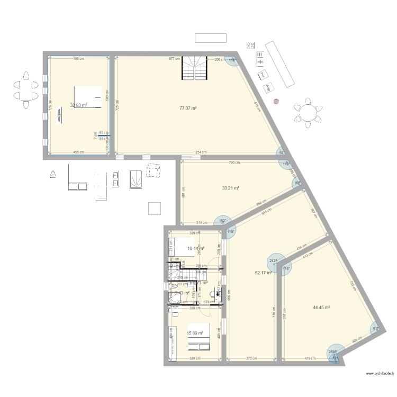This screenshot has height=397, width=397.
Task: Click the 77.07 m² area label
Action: (x=188, y=108)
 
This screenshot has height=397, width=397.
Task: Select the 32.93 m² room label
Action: (x=78, y=105)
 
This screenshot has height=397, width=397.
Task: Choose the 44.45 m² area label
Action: (x=321, y=307)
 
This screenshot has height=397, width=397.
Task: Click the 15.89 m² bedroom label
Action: (x=195, y=333)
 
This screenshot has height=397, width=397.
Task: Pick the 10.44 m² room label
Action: (x=196, y=248)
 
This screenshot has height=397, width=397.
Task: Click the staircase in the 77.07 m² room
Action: (x=194, y=68)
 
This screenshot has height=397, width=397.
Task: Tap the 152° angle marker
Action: (x=223, y=221)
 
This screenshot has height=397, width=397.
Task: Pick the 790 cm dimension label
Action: (x=231, y=163)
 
